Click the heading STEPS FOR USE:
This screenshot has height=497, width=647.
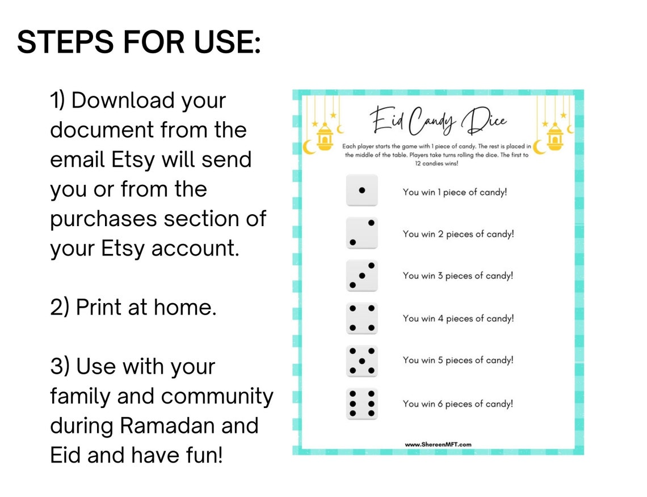coord(139,43)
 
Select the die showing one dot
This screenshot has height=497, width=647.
coord(362,190)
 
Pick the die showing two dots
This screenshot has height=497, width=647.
coord(362,232)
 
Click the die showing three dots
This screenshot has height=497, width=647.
coord(362,275)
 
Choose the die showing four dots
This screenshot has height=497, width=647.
coord(362,318)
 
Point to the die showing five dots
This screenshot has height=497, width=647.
coord(362,360)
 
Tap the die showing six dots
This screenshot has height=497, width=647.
coord(362,403)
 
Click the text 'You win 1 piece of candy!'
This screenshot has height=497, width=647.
coord(455,192)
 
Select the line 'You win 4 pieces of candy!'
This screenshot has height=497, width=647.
coord(458,318)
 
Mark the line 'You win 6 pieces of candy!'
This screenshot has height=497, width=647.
coord(457,404)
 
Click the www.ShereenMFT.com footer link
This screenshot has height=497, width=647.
coord(438,445)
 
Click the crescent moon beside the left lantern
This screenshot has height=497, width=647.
coord(308,147)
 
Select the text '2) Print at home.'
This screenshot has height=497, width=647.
coord(133,308)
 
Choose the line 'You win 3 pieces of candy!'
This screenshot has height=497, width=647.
coord(457,276)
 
